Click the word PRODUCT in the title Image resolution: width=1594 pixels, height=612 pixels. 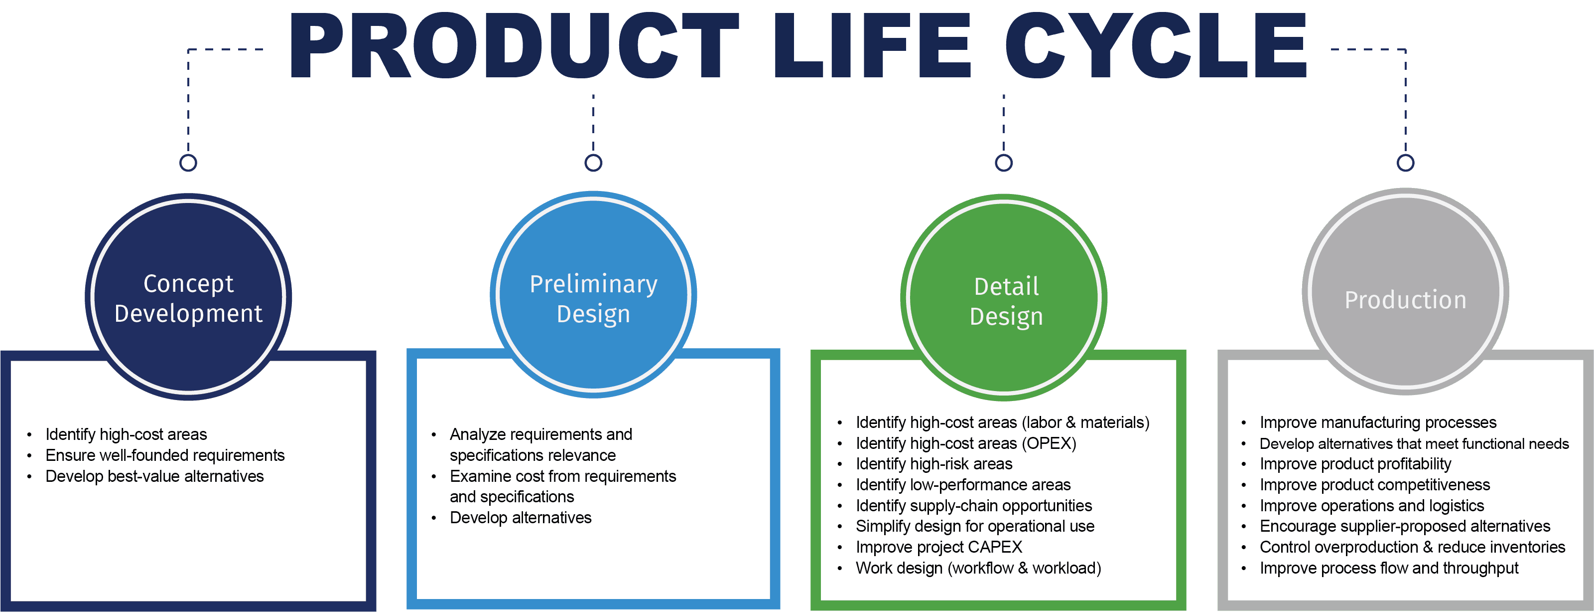(x=514, y=46)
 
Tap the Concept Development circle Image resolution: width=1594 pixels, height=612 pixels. (x=188, y=297)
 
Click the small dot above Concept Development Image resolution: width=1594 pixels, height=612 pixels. (x=188, y=163)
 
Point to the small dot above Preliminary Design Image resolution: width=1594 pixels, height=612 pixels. (x=593, y=163)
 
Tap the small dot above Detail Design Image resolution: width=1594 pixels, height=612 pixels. (x=1004, y=163)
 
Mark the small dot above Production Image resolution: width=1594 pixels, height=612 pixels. (x=1405, y=163)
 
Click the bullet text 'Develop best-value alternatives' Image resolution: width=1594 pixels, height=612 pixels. (x=155, y=476)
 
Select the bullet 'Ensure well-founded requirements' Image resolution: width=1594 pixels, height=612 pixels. (x=164, y=455)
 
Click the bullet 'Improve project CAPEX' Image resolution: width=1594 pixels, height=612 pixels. (x=938, y=547)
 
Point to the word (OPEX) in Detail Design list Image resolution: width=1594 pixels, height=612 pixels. (x=1049, y=443)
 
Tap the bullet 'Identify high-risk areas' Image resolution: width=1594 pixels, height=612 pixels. (x=934, y=464)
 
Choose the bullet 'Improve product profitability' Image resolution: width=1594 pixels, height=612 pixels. (x=1355, y=464)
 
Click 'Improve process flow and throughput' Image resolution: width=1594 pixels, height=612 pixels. (x=1389, y=568)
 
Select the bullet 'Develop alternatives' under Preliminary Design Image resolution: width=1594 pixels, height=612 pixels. (x=521, y=518)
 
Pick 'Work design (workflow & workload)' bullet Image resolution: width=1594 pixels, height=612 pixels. (x=978, y=568)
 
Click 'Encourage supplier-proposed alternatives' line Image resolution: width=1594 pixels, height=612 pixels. (x=1405, y=527)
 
